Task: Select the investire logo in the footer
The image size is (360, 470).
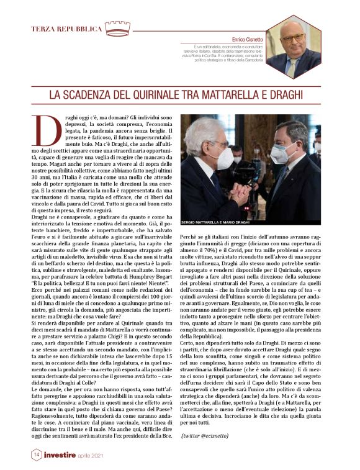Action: (x=63, y=455)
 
